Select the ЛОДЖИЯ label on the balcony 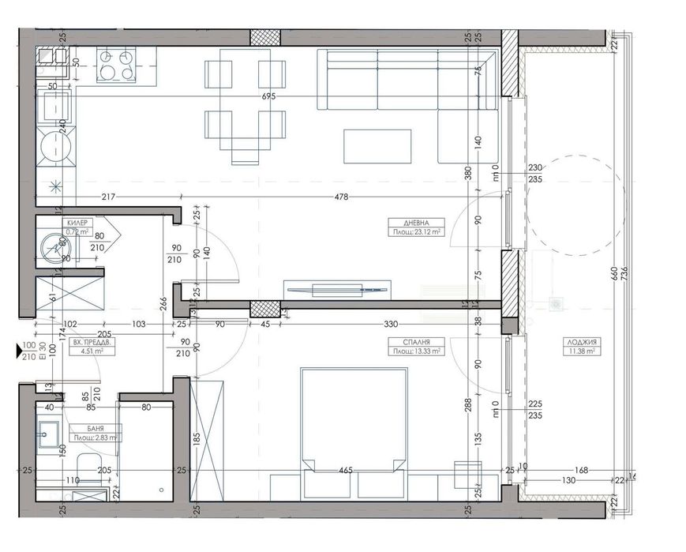[x=583, y=342]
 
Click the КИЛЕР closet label [x=77, y=224]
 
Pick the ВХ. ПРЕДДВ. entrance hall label [x=88, y=345]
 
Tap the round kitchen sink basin [x=56, y=145]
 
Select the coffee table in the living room [x=377, y=147]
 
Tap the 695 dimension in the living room [x=269, y=96]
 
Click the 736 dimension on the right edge [x=624, y=272]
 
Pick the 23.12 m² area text [x=416, y=232]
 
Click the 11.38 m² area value [x=583, y=351]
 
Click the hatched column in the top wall [x=265, y=37]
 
